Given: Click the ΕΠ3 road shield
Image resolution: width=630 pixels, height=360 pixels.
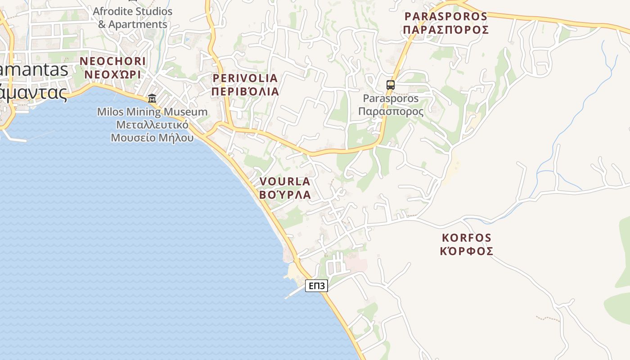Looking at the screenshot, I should coord(316,286).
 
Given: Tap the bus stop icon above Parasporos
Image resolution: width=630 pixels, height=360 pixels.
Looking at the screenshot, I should coord(390,85).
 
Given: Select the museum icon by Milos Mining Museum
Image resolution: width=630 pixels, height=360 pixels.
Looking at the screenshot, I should coord(152,98).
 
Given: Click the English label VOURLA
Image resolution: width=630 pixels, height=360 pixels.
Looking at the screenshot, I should coord(285,181).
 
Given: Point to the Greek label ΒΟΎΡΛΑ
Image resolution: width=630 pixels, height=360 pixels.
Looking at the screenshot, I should coord(285,194).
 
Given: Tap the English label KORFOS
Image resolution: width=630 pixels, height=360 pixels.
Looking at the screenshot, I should coord(467,238).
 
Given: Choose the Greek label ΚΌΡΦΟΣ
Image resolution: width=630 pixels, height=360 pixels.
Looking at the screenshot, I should coord(467,251).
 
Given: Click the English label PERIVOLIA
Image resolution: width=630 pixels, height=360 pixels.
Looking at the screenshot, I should coord(245,78).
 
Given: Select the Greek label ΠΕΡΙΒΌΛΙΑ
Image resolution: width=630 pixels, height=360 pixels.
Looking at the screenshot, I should coord(245,91).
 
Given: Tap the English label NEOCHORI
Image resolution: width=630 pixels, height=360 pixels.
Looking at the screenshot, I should coord(112,61).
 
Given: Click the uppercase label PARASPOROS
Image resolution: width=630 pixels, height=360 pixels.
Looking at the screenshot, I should coord(445,17).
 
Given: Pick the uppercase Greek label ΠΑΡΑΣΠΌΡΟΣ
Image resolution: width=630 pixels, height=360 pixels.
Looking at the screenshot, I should coord(445,30).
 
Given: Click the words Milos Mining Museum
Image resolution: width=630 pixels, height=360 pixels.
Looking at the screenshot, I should coord(153,112).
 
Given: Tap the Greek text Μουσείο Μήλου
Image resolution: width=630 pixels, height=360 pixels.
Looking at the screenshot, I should coord(153,138).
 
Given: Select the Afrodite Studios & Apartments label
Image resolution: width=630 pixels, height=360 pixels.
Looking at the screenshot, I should coord(133,18).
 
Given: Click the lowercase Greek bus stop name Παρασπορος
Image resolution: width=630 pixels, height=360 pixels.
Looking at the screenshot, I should coord(391,111).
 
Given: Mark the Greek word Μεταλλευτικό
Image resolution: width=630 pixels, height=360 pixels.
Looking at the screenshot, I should coord(153,125).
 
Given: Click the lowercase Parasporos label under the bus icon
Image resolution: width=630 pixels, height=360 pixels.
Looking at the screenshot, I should coord(391,98).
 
